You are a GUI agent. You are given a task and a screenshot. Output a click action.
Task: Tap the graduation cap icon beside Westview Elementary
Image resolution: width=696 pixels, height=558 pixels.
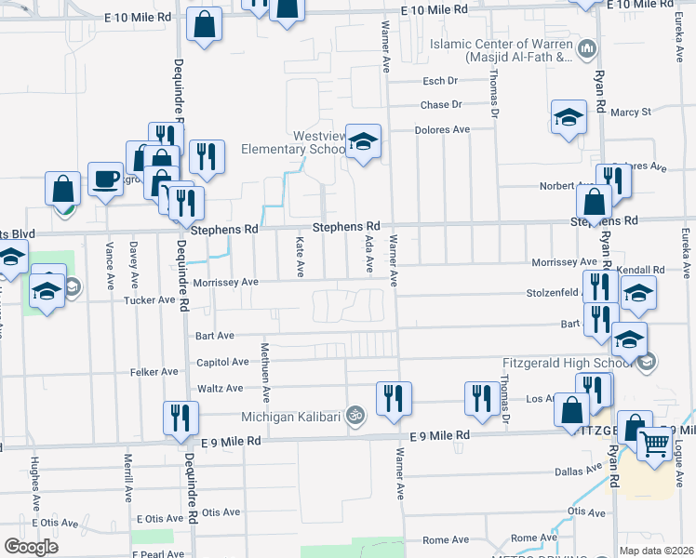point(364,141)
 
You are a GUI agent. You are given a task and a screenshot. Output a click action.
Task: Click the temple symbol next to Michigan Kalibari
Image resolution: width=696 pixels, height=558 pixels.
point(354,415)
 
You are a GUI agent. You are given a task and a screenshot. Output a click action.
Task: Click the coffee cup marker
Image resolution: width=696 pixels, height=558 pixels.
point(106,178)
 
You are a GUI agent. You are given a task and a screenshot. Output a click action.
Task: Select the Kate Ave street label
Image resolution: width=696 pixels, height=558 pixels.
point(300,256)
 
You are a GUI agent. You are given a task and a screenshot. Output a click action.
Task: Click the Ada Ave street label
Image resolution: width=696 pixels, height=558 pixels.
point(369,254)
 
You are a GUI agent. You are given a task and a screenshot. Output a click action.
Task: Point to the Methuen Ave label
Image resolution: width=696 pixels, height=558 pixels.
point(265,370)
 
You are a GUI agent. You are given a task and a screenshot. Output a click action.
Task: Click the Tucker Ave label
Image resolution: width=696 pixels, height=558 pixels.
point(154,299)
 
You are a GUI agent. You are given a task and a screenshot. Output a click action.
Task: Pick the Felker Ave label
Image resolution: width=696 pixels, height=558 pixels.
point(156,371)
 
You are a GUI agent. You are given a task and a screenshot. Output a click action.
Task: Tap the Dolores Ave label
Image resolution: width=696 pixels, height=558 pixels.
point(442,130)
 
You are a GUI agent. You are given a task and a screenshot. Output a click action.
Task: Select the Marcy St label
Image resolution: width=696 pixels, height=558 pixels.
point(630,113)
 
